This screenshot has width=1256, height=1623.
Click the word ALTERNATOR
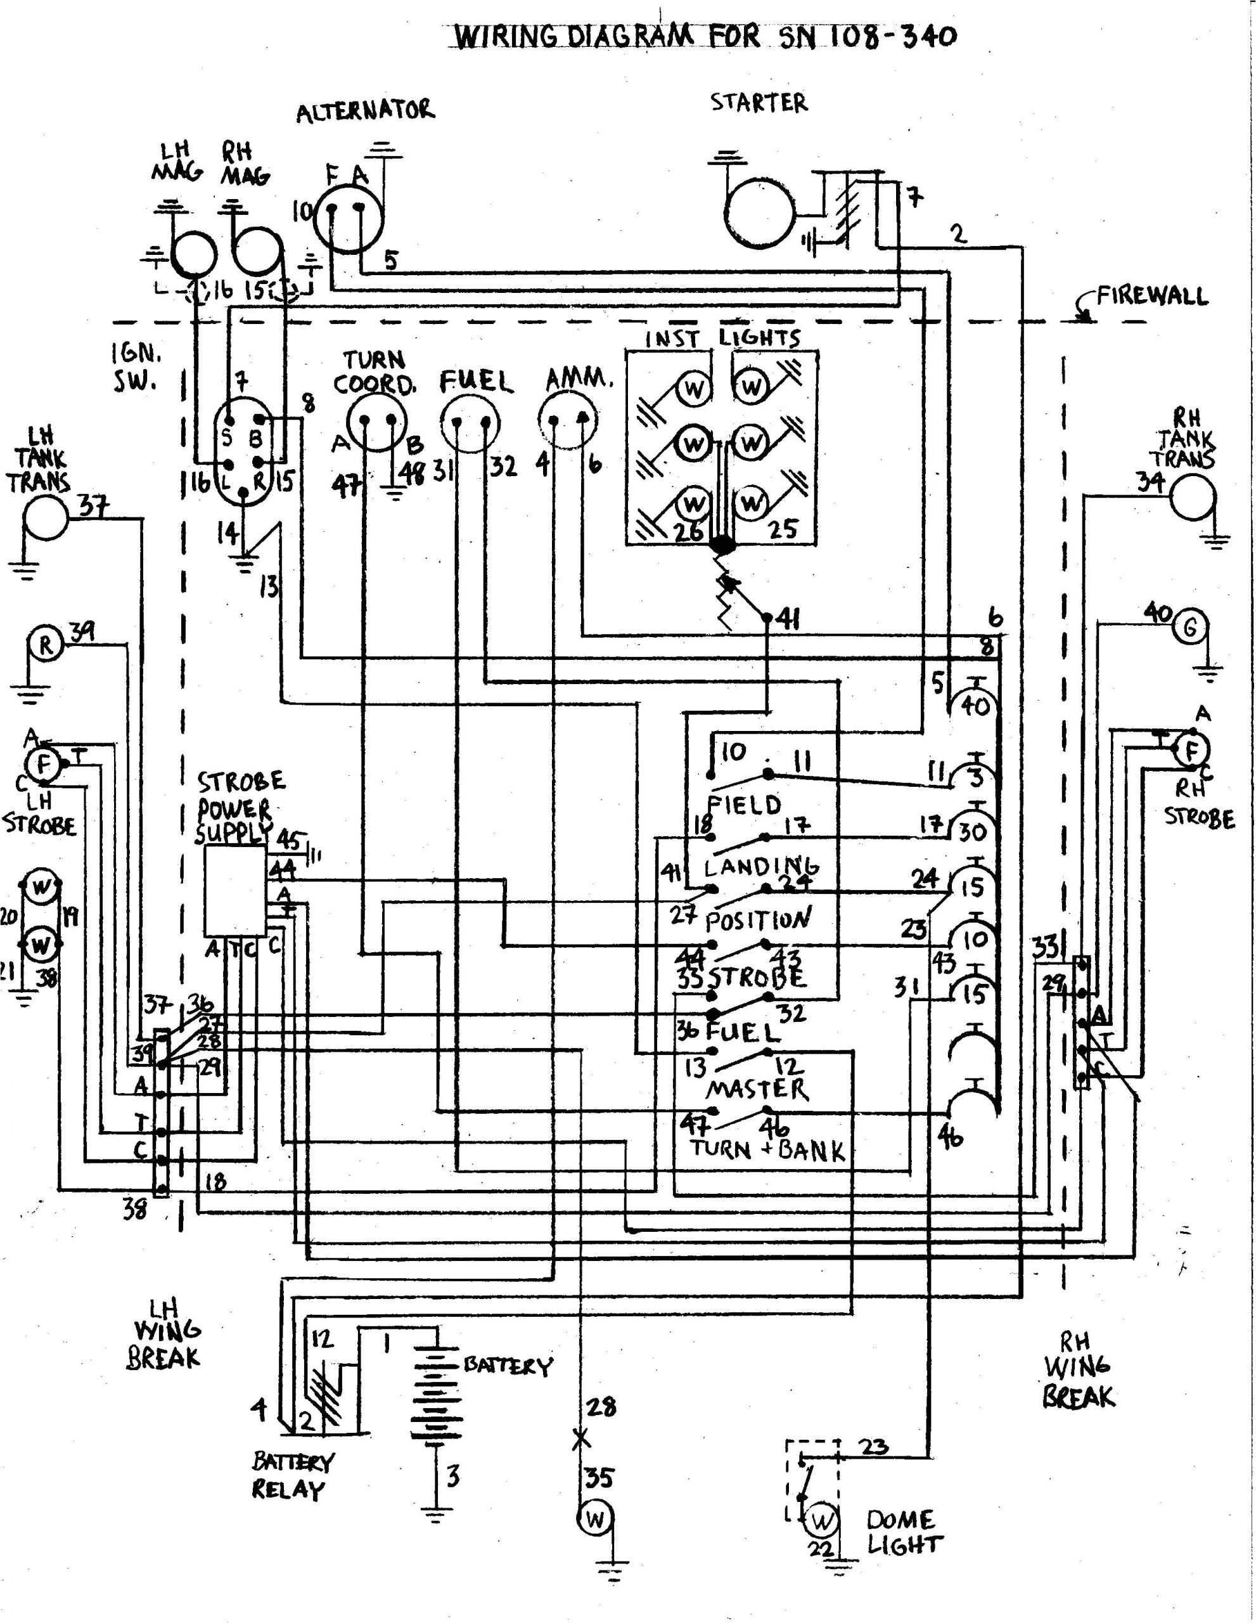coord(364,112)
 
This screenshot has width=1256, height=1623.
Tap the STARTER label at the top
coord(759,103)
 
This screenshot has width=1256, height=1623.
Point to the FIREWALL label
coord(1152,296)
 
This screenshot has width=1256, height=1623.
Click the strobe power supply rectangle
coord(234,891)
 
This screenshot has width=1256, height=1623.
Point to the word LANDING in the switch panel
coord(760,867)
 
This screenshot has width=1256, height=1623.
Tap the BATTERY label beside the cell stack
coord(508,1366)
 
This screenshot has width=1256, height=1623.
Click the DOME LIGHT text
coord(903,1532)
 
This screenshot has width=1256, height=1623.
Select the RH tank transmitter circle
coord(1192,498)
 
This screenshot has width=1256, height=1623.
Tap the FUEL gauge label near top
coord(476,382)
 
